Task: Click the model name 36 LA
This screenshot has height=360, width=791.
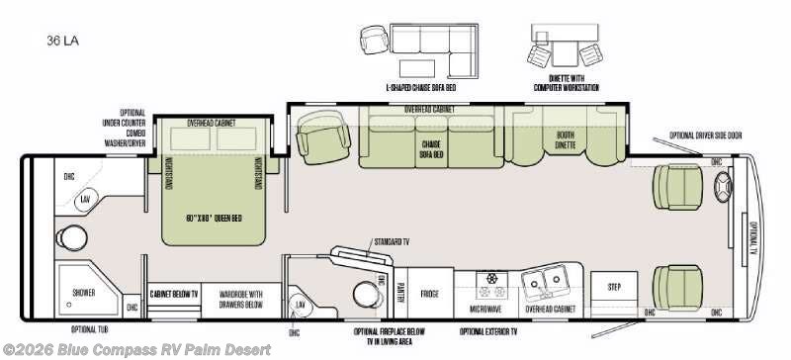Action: tap(60, 42)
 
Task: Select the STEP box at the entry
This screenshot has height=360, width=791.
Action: tap(614, 286)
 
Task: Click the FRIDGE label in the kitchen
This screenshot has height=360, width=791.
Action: tap(428, 294)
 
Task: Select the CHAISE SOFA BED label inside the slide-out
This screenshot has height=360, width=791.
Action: tap(430, 147)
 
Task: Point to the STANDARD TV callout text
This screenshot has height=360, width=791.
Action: tap(394, 239)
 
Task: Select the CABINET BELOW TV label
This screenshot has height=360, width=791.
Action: tap(173, 294)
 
